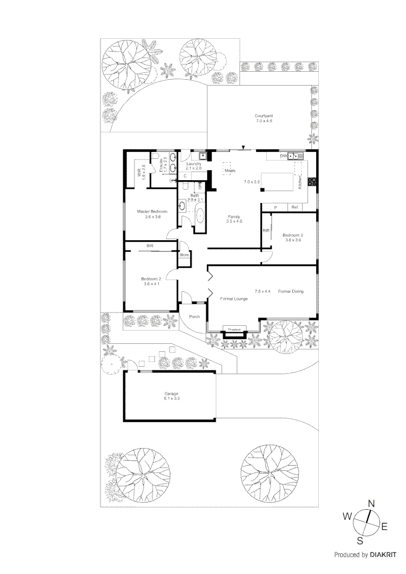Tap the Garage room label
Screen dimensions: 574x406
click(172, 393)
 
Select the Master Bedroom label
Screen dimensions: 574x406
click(152, 211)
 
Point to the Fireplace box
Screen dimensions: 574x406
click(234, 330)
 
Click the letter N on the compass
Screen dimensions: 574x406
click(372, 503)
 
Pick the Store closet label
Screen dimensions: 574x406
click(184, 255)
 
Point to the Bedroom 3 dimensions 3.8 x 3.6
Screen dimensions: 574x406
click(292, 240)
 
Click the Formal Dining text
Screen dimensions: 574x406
click(291, 291)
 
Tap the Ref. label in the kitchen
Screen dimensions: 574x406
click(294, 207)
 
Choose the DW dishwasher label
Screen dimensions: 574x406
click(283, 156)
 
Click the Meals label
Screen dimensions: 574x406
click(230, 171)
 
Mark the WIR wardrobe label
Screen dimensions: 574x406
click(139, 172)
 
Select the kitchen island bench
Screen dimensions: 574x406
click(278, 182)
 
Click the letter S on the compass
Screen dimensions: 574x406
click(360, 541)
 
